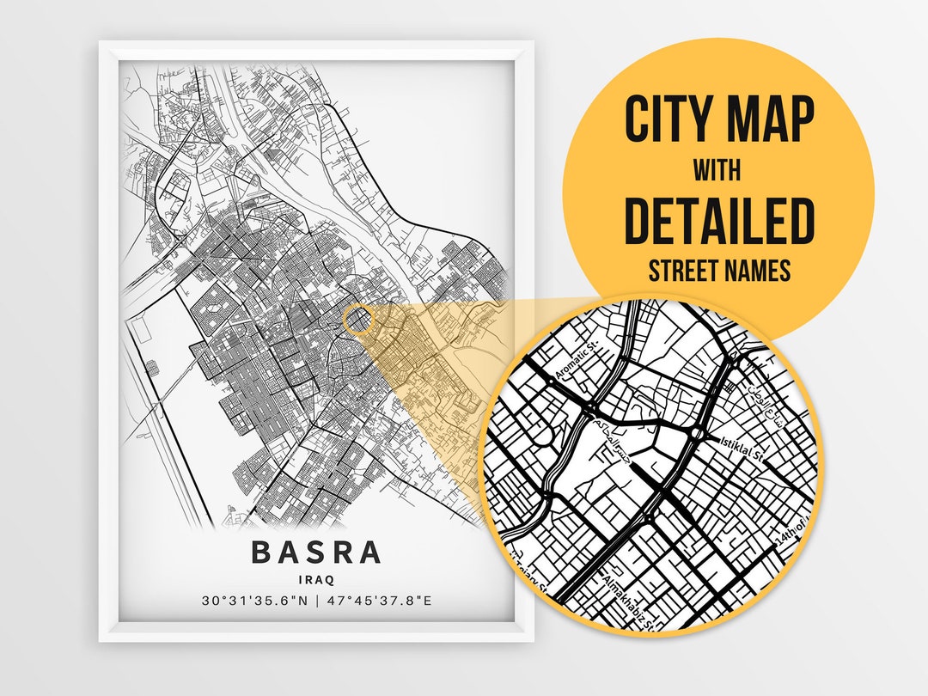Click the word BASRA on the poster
(316, 553)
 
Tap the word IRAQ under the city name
(316, 580)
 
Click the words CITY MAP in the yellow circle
(718, 119)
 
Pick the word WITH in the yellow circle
(718, 170)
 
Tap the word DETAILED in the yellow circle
(718, 221)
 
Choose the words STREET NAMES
(718, 272)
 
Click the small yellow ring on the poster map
(359, 320)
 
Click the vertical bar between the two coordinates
(316, 600)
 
